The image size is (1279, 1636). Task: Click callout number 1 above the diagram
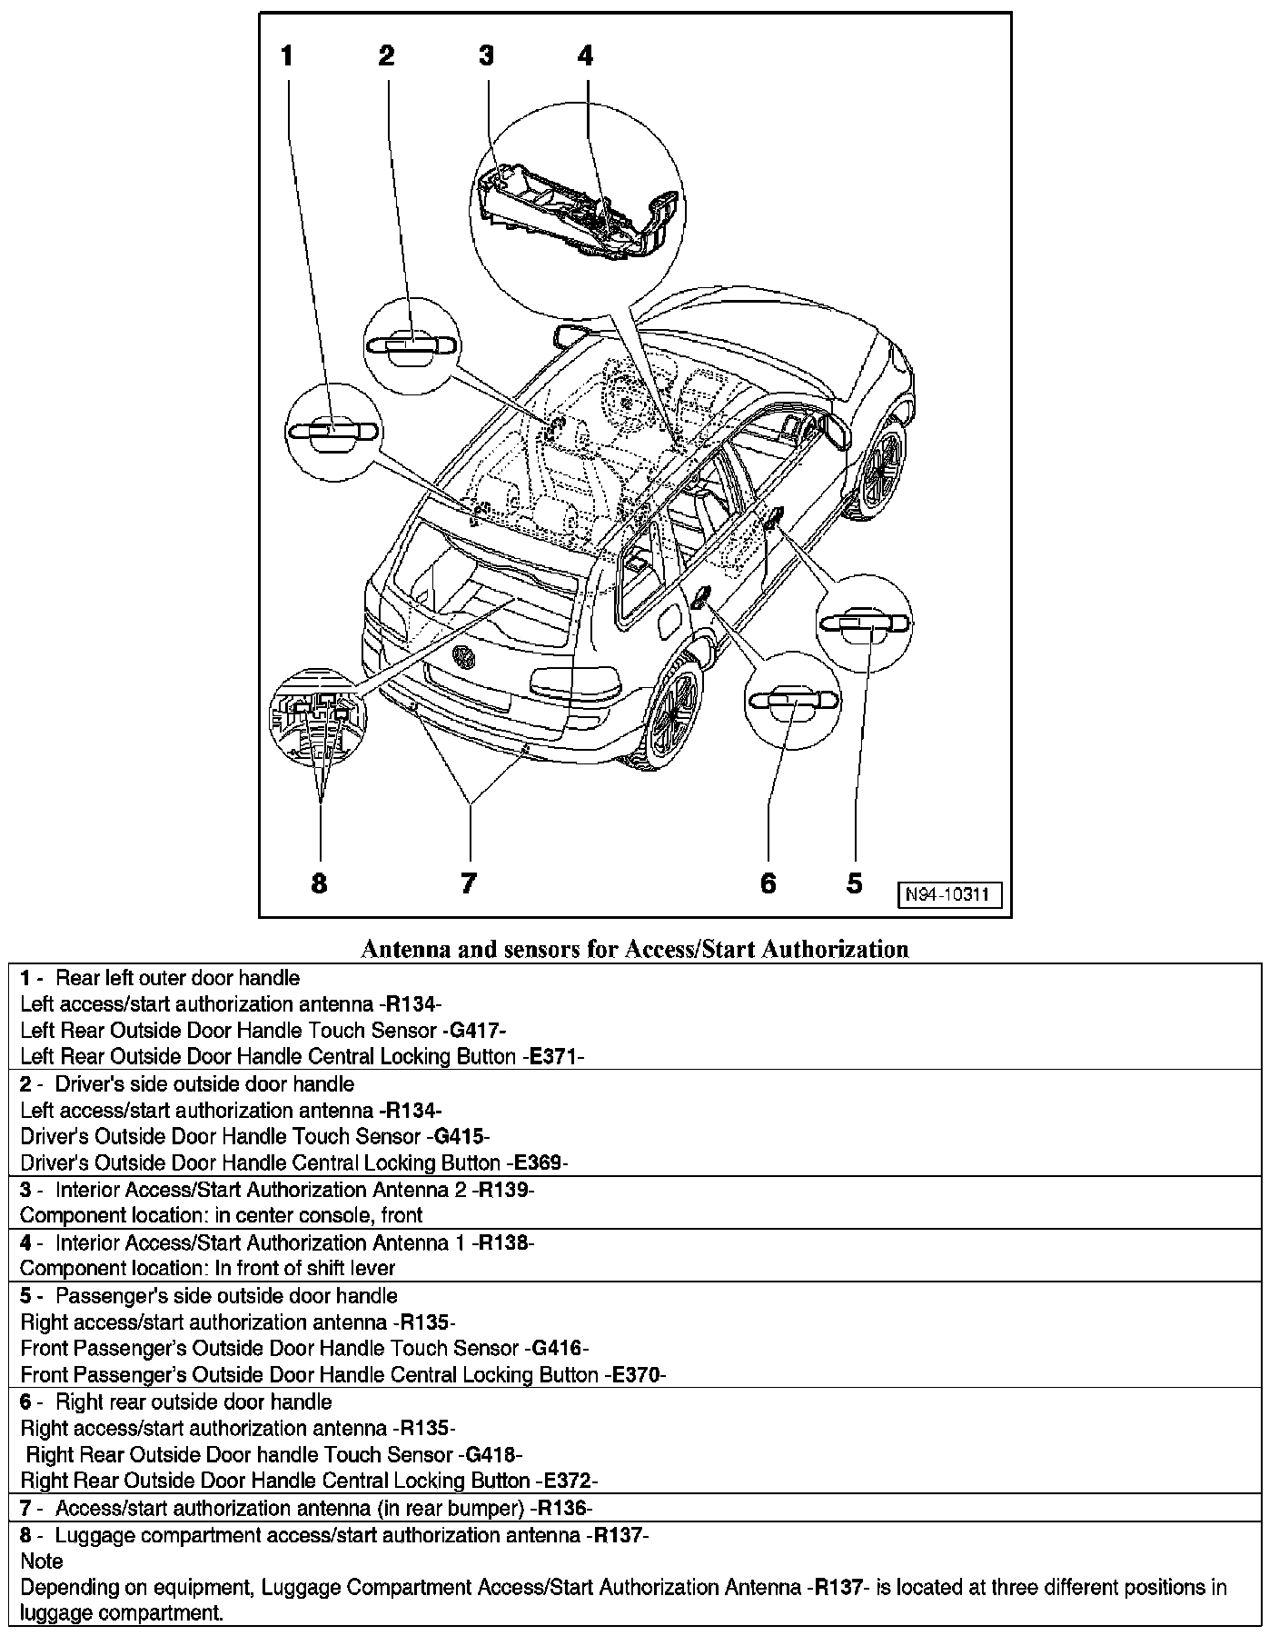pyautogui.click(x=287, y=56)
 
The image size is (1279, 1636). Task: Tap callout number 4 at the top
pyautogui.click(x=585, y=56)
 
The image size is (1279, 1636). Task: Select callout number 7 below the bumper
pyautogui.click(x=468, y=882)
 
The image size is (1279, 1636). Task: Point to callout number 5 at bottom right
pyautogui.click(x=854, y=882)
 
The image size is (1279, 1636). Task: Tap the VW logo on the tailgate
pyautogui.click(x=464, y=657)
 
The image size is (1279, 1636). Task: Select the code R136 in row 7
pyautogui.click(x=564, y=1508)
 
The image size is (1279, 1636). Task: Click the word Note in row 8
pyautogui.click(x=41, y=1561)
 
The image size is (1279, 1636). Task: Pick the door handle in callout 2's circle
pyautogui.click(x=411, y=345)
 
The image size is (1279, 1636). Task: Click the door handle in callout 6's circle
pyautogui.click(x=790, y=699)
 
